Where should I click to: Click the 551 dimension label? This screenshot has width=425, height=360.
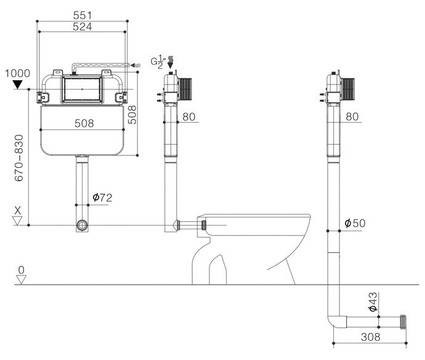coord(83,15)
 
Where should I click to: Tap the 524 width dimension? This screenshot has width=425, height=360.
coord(83,27)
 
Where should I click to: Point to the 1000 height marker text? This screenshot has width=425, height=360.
coord(18,73)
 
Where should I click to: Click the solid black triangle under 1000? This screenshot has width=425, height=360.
coord(18,84)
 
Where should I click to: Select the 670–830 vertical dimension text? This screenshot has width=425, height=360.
coord(19,158)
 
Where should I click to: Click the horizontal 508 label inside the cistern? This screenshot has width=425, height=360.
coord(84,123)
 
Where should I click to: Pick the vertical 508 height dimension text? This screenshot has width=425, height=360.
coord(132,115)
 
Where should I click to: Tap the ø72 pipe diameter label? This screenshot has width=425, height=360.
coord(102,197)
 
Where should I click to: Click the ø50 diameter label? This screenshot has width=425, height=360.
coord(355,223)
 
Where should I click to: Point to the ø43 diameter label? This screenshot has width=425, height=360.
coord(373,301)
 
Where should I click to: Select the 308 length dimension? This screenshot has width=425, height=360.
coord(371,337)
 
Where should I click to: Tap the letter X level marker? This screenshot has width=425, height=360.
coord(18,210)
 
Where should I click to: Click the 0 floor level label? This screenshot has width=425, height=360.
coord(21,270)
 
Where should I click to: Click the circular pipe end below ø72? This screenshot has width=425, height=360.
coord(82,225)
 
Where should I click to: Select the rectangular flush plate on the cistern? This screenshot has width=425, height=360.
coord(82,89)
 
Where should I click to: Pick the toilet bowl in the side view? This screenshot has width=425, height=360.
coord(251,249)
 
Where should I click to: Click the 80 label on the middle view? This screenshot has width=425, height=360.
coord(188,117)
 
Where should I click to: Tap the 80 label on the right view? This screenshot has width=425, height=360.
coord(352,117)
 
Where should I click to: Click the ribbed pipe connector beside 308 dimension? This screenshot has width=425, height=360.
coord(403,322)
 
